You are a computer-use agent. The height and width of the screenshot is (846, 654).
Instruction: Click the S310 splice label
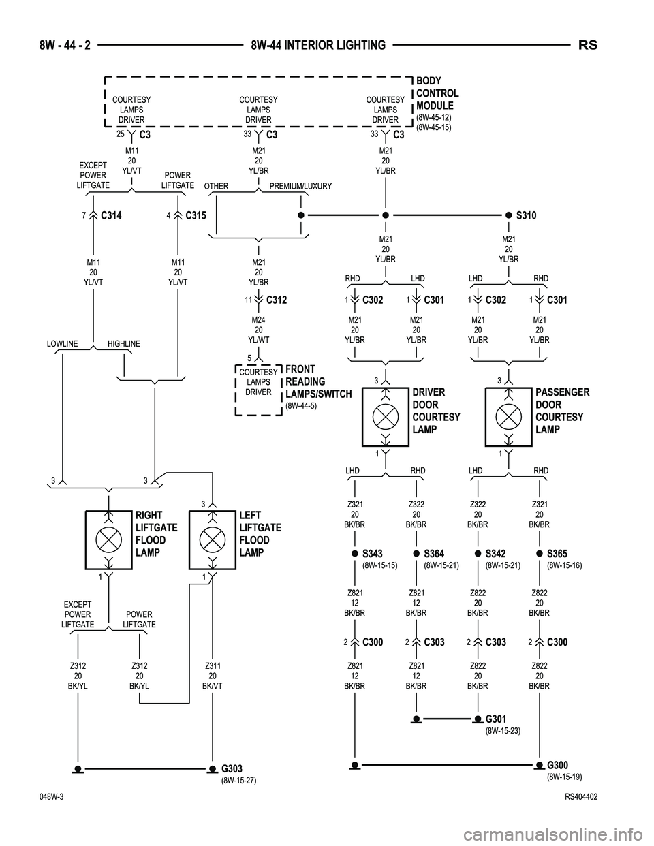[526, 215]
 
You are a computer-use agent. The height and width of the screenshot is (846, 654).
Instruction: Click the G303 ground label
[232, 769]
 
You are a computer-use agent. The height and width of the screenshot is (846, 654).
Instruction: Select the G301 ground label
[495, 719]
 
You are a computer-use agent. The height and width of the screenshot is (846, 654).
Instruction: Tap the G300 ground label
[557, 766]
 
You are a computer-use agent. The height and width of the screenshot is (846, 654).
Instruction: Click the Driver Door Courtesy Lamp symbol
[386, 416]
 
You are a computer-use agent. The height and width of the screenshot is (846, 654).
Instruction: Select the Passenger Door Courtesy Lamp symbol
[508, 416]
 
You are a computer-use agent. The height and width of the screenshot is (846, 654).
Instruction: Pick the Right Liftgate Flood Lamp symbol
[108, 540]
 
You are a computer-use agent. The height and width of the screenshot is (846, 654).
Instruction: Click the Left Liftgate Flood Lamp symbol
[213, 540]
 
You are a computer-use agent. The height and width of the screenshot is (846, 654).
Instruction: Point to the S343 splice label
[373, 554]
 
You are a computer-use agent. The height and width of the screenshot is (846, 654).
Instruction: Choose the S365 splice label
[557, 554]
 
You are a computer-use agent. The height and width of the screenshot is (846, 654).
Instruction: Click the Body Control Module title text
[437, 93]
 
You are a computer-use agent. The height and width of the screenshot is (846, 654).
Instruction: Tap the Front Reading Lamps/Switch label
[318, 381]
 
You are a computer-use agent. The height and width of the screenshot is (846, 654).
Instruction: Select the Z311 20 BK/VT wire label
[213, 676]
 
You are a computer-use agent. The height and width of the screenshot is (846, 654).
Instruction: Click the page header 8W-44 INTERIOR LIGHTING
[317, 46]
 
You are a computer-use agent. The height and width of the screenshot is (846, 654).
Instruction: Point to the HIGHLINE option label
[123, 344]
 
